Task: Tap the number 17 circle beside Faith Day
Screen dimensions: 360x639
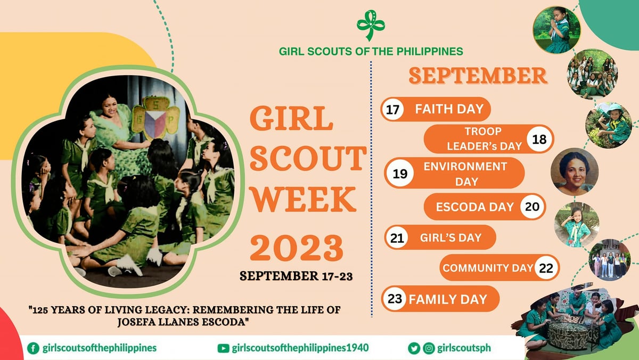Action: point(393,109)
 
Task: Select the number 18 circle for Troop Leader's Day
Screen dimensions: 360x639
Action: point(539,140)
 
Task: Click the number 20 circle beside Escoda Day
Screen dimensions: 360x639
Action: point(532,207)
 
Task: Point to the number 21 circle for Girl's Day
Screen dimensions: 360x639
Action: point(397,238)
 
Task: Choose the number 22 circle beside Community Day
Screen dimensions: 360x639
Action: point(546,268)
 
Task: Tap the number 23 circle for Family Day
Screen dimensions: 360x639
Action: point(395,299)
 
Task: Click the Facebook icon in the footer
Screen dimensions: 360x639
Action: point(33,348)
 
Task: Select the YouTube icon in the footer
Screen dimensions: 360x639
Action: point(224,348)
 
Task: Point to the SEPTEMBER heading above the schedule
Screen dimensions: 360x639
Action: point(478,76)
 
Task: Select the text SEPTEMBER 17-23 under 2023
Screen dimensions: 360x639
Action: point(296,276)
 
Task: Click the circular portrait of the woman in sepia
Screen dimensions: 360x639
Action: point(575,172)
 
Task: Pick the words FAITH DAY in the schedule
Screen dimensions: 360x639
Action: point(449,109)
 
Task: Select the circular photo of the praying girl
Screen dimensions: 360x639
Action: point(556,29)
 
